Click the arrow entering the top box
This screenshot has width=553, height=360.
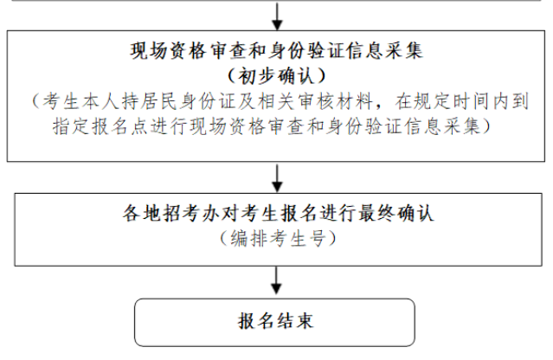pyautogui.click(x=277, y=16)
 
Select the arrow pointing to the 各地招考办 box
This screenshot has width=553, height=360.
pyautogui.click(x=277, y=178)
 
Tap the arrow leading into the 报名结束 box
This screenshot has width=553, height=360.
pyautogui.click(x=277, y=280)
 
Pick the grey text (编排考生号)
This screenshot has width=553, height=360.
pyautogui.click(x=278, y=238)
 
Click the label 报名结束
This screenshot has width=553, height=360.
pyautogui.click(x=275, y=321)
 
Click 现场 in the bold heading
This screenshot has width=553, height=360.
pyautogui.click(x=149, y=51)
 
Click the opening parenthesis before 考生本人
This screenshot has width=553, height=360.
pyautogui.click(x=36, y=101)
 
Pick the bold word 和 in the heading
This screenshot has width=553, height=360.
pyautogui.click(x=257, y=51)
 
